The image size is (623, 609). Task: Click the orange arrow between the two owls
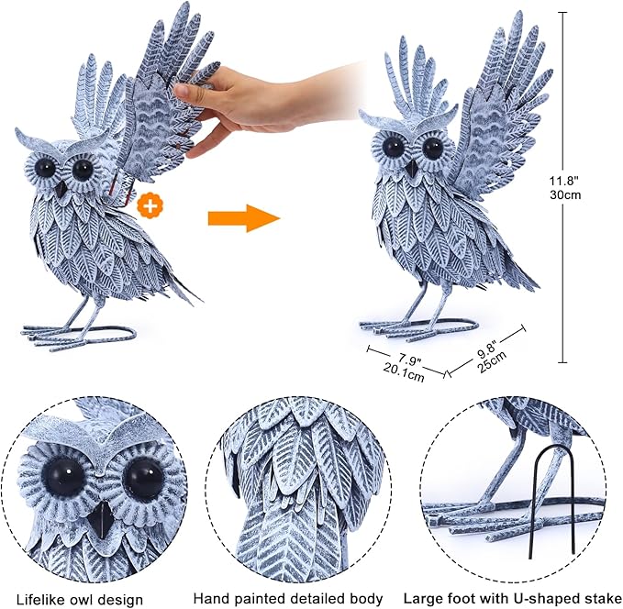pyautogui.click(x=242, y=218)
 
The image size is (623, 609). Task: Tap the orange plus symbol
pyautogui.click(x=149, y=205)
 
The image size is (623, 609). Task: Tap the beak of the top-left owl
pyautogui.click(x=60, y=188)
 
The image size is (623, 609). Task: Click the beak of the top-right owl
pyautogui.click(x=412, y=168)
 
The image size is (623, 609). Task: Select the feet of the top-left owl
pyautogui.click(x=78, y=334)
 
